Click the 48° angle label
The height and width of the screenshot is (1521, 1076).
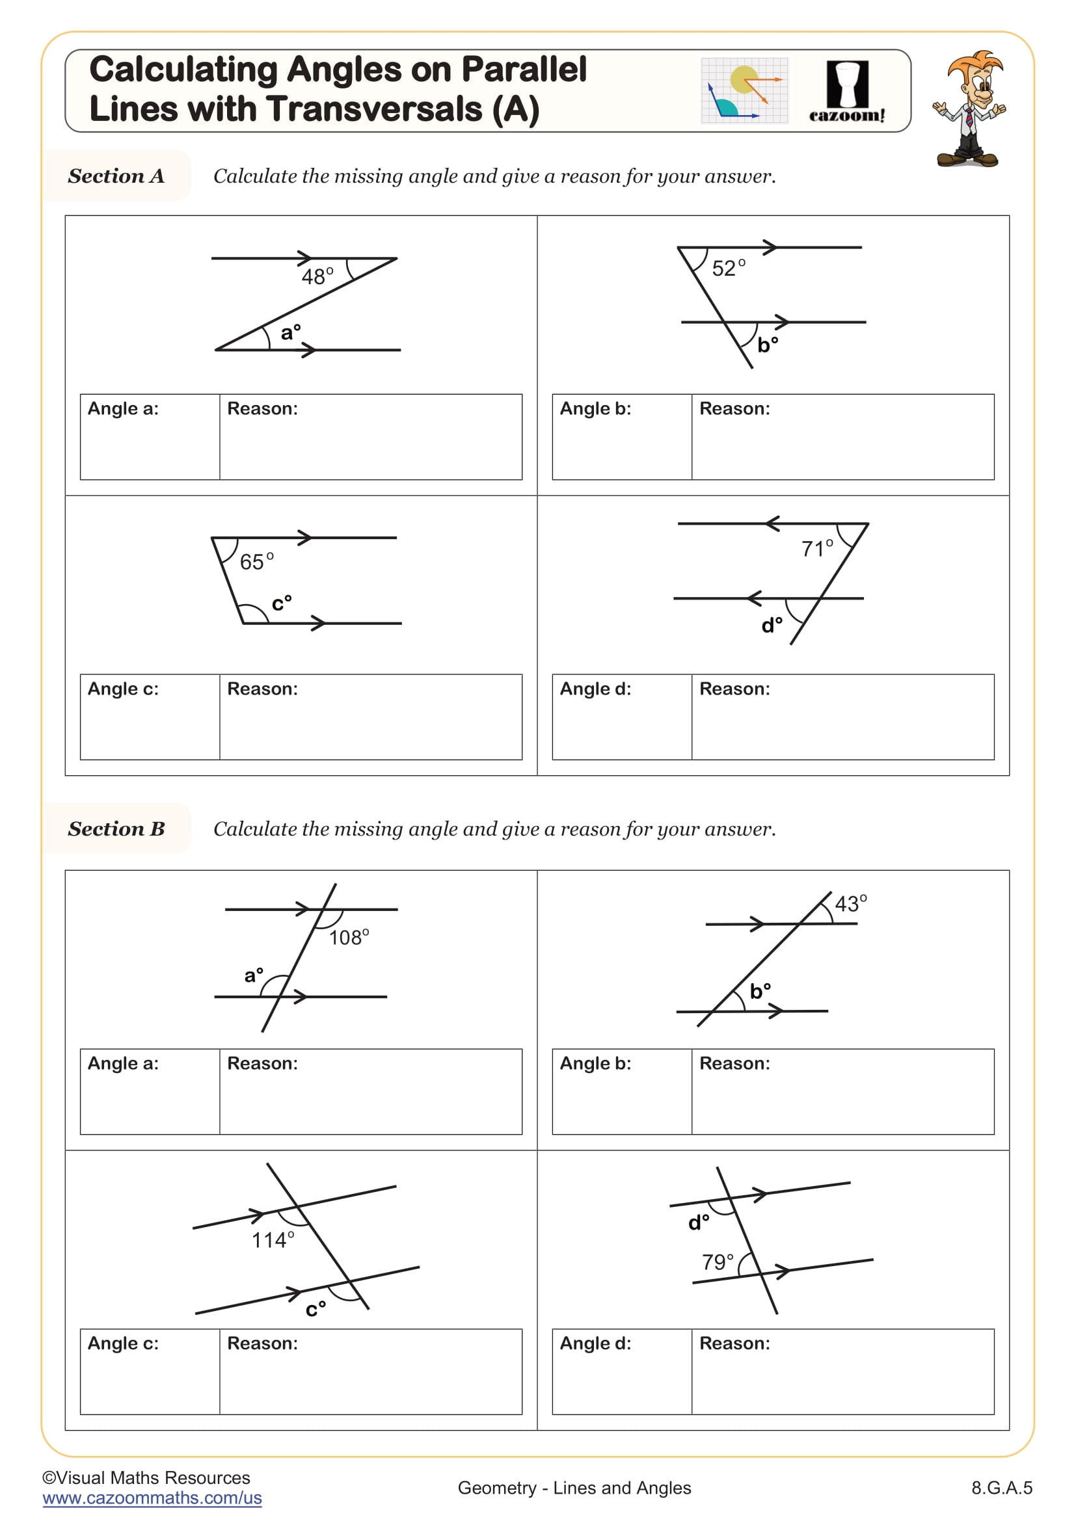317,276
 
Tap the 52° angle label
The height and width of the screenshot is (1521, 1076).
728,268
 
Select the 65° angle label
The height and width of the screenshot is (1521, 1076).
256,561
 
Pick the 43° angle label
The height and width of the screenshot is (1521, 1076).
851,903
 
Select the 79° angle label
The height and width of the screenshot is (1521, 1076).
718,1262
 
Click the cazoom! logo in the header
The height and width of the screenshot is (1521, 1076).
847,93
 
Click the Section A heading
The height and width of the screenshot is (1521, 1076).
116,176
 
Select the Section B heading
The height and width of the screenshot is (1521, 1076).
116,828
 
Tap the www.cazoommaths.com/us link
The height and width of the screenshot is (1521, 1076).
152,1498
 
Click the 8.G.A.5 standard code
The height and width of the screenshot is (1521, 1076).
1001,1488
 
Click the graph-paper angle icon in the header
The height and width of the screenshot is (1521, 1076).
744,91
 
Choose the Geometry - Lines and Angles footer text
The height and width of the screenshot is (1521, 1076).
574,1488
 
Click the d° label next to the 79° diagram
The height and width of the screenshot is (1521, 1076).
698,1223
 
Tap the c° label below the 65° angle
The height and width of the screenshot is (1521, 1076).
282,603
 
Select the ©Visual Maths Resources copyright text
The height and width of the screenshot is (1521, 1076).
146,1478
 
